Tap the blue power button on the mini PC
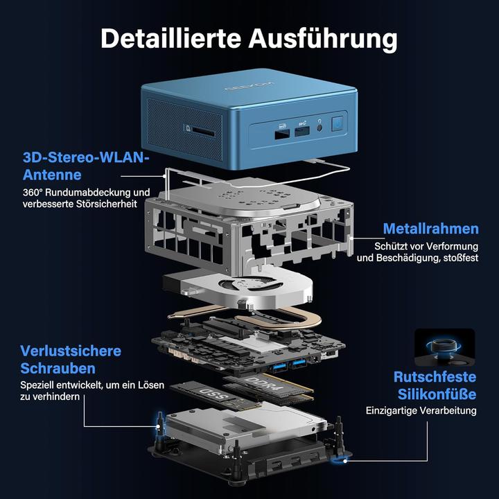click(338, 125)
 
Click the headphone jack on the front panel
click(319, 125)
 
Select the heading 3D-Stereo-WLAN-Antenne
click(85, 166)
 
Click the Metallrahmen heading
click(430, 229)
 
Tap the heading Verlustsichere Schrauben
click(70, 359)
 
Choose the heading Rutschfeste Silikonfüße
click(435, 385)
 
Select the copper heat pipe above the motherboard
click(277, 320)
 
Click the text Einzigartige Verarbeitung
click(421, 410)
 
